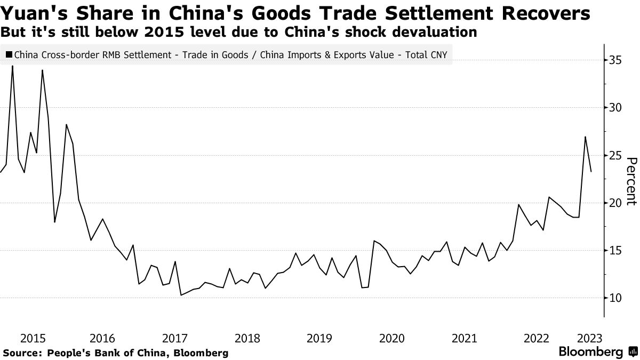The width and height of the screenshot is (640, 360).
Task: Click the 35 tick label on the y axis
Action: point(615,60)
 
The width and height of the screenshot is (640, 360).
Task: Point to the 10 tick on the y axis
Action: point(615,298)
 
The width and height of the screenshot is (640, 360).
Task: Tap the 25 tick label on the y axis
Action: point(615,155)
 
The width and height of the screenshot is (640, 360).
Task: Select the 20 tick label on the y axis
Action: point(615,203)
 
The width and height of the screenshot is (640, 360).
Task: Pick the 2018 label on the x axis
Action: point(247,338)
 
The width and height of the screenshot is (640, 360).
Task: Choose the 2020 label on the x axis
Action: point(391,338)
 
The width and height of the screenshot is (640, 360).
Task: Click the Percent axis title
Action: point(631,181)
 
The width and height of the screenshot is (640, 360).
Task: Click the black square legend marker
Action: point(9,54)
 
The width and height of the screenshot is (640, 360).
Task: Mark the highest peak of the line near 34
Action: point(12,66)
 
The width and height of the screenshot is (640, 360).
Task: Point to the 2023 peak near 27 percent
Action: point(586,137)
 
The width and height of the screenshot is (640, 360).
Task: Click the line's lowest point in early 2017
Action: point(181,295)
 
